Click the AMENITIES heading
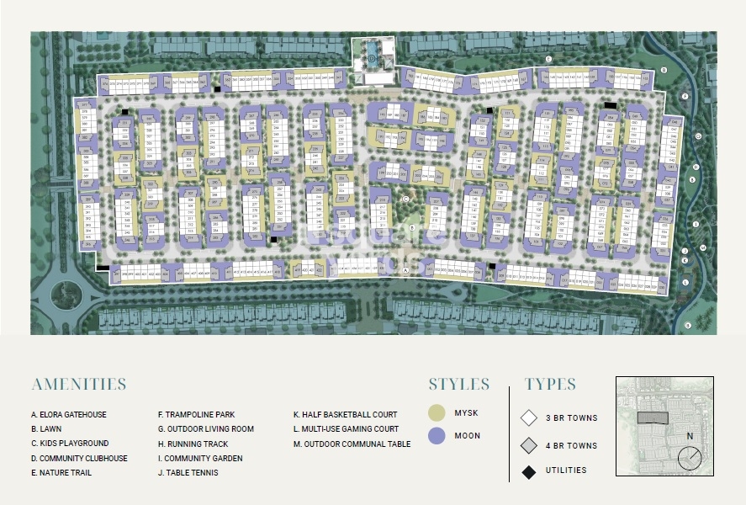click(79, 385)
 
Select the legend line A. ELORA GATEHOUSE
click(69, 415)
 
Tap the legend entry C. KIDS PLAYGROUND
click(70, 444)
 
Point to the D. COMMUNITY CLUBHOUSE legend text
click(79, 458)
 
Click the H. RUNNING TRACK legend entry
click(193, 444)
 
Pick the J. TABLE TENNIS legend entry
click(188, 473)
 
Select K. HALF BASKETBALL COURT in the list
click(345, 415)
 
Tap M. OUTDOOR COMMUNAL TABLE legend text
click(352, 444)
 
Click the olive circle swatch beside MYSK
click(436, 413)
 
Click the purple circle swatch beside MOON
click(436, 436)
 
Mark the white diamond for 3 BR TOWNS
click(529, 417)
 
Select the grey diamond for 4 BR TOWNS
click(529, 445)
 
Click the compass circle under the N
click(690, 458)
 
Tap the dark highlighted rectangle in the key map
click(653, 417)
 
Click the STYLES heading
click(458, 385)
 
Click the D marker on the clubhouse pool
click(372, 59)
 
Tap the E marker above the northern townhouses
click(548, 59)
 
